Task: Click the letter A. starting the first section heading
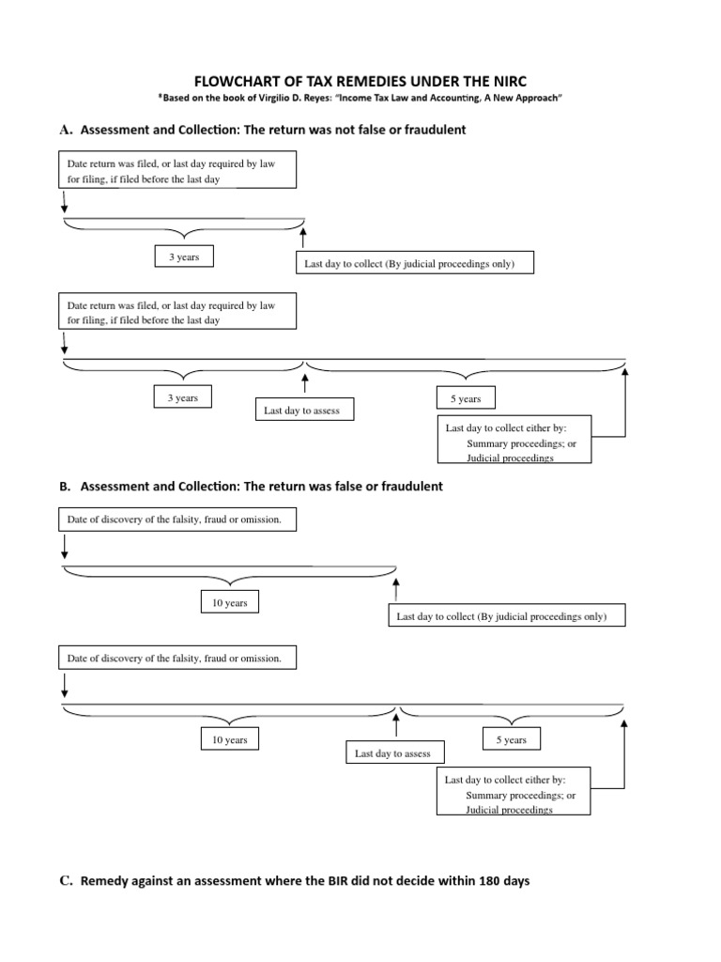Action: point(66,130)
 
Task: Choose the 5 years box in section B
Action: point(511,739)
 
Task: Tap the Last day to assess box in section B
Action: point(392,753)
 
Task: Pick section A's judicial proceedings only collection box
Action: point(408,264)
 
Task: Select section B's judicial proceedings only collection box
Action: point(501,616)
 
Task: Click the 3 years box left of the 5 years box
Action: point(182,398)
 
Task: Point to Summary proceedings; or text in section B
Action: point(520,795)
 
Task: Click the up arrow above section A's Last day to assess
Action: point(303,383)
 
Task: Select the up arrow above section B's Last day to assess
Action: point(396,725)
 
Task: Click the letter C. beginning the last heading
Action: point(66,881)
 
